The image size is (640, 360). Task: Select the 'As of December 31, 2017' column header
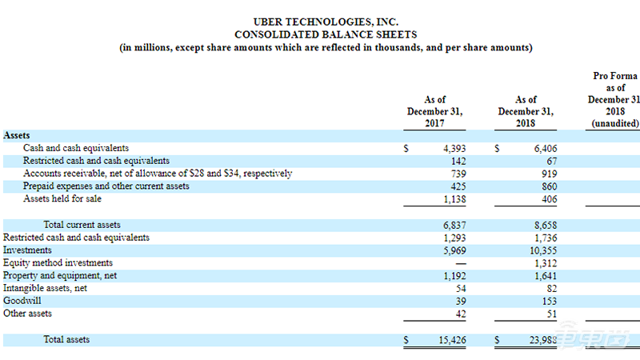[434, 111]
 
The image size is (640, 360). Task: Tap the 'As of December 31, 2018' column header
[526, 111]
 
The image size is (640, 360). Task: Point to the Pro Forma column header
[614, 99]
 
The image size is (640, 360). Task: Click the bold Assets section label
[17, 136]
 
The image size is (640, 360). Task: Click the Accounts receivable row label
[158, 174]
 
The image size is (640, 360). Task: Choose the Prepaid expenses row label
[106, 186]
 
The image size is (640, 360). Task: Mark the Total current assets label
[82, 225]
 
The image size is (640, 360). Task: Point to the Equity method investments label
[58, 263]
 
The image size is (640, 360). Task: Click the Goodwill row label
[22, 301]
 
